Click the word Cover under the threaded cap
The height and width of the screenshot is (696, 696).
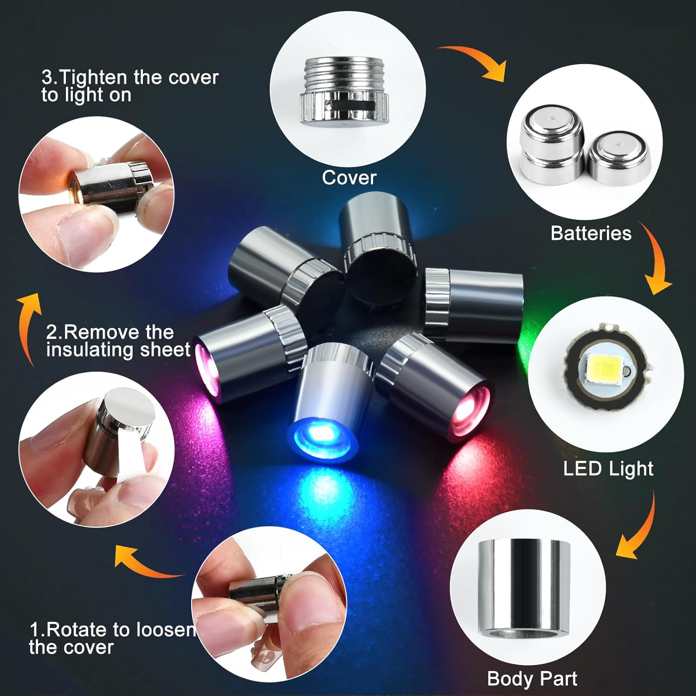[x=349, y=178]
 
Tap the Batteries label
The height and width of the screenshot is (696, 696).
[x=591, y=233]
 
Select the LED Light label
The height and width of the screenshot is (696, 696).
[x=608, y=469]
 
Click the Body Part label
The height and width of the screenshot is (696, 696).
[x=532, y=679]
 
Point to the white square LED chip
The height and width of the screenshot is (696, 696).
[x=607, y=367]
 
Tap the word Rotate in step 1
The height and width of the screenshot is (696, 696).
[x=79, y=630]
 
